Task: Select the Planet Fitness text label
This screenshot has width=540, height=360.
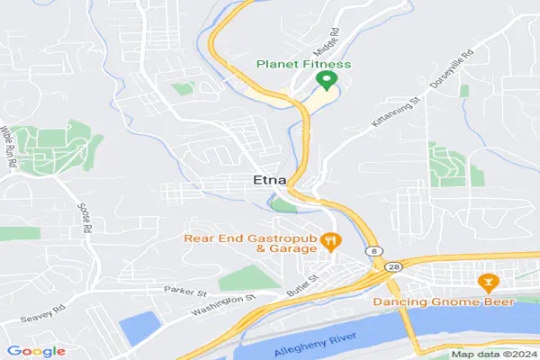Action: pyautogui.click(x=303, y=64)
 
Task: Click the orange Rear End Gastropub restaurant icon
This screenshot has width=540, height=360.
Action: pyautogui.click(x=331, y=240)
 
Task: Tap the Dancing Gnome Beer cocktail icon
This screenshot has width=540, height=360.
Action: pyautogui.click(x=489, y=283)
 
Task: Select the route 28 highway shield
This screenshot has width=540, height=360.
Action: pyautogui.click(x=392, y=266)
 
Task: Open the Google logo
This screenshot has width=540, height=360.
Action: pyautogui.click(x=36, y=350)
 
